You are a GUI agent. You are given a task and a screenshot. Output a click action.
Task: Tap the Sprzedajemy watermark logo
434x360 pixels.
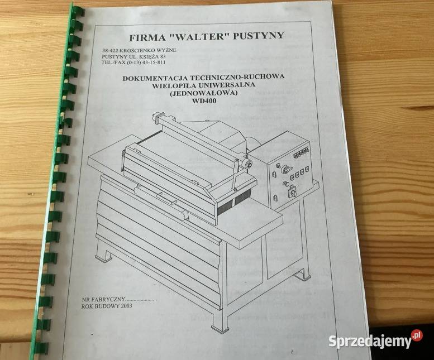pos(375,340)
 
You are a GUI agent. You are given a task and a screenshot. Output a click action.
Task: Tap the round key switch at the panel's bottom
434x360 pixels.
pos(290,193)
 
